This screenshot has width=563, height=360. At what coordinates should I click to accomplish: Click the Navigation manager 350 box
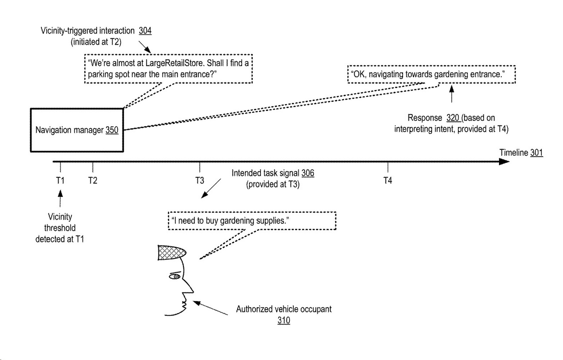click(77, 130)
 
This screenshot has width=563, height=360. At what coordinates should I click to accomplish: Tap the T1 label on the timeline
click(60, 180)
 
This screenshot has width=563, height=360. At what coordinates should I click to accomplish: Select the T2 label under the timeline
click(93, 180)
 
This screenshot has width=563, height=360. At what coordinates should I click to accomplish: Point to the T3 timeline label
click(199, 180)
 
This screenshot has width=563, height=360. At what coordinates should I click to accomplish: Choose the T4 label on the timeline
click(387, 180)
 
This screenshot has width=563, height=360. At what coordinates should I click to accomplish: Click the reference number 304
click(145, 31)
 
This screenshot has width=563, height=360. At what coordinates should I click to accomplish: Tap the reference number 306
click(308, 173)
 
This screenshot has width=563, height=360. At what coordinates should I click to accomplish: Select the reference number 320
click(452, 118)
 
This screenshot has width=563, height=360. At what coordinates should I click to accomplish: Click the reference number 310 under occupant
click(284, 320)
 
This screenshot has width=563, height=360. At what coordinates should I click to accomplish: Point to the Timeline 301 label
click(521, 153)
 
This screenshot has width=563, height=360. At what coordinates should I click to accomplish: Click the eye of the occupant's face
click(175, 276)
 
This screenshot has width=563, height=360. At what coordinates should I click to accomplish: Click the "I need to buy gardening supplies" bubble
click(252, 221)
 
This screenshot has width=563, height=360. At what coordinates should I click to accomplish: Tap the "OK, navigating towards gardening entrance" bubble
click(431, 74)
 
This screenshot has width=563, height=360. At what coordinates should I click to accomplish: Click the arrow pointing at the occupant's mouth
click(210, 308)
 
